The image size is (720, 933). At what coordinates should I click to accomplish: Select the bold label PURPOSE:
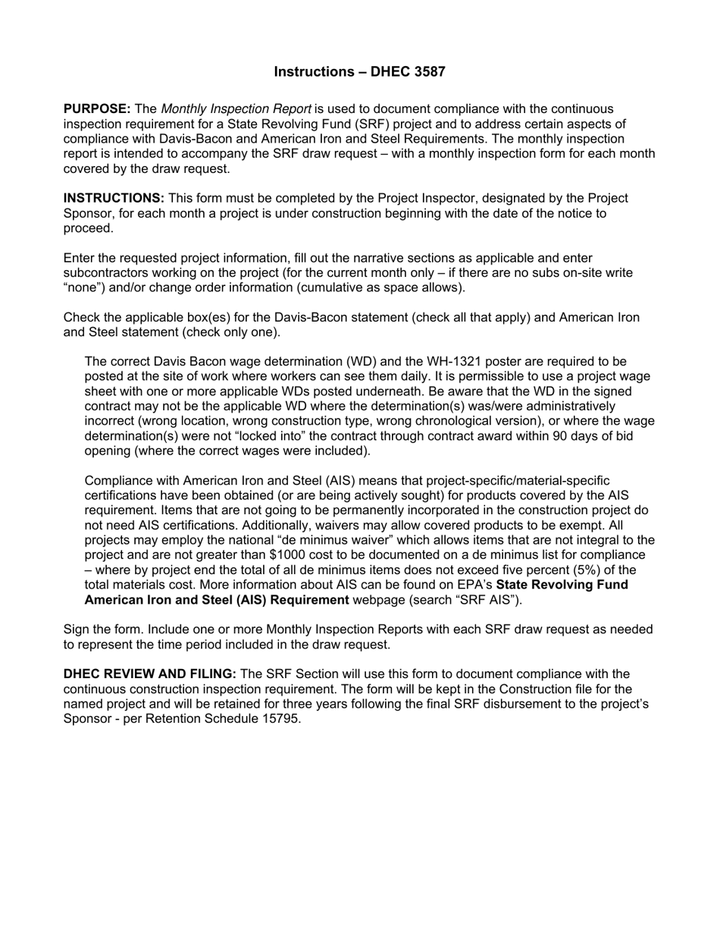pos(97,109)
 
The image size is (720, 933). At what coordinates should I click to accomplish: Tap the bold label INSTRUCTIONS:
pos(114,199)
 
